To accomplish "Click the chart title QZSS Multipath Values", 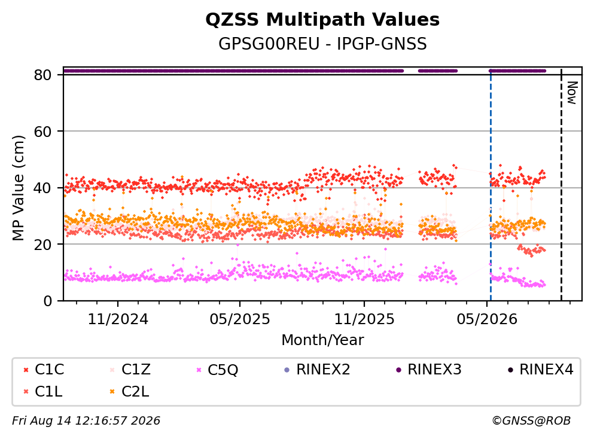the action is pyautogui.click(x=322, y=20).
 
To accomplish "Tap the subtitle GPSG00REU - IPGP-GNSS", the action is pyautogui.click(x=322, y=44).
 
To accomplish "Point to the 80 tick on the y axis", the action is pyautogui.click(x=42, y=75).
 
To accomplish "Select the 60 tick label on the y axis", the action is pyautogui.click(x=42, y=132).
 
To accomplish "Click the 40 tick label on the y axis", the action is pyautogui.click(x=42, y=188).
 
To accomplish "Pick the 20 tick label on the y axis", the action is pyautogui.click(x=42, y=244).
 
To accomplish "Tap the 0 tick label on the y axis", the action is pyautogui.click(x=47, y=301).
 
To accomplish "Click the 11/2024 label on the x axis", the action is pyautogui.click(x=118, y=319).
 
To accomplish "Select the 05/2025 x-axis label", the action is pyautogui.click(x=240, y=319).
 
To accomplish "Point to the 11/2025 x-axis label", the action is pyautogui.click(x=364, y=319).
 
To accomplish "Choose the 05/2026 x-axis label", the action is pyautogui.click(x=487, y=319).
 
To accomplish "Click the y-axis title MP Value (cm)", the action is pyautogui.click(x=18, y=188).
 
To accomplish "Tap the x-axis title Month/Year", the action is pyautogui.click(x=322, y=340).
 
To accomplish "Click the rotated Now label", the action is pyautogui.click(x=572, y=93).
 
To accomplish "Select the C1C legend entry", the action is pyautogui.click(x=44, y=369).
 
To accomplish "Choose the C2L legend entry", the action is pyautogui.click(x=130, y=391).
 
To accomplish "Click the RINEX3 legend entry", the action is pyautogui.click(x=429, y=369).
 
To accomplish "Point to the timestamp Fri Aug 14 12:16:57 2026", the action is pyautogui.click(x=86, y=421).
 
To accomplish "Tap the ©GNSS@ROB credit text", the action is pyautogui.click(x=531, y=421).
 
